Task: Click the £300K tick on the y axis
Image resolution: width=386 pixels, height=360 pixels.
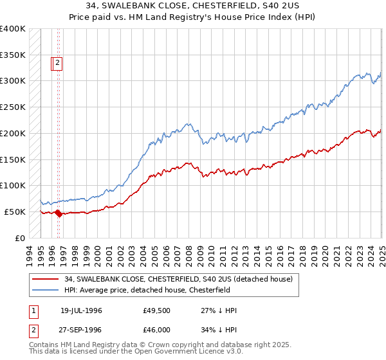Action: [x=13, y=80]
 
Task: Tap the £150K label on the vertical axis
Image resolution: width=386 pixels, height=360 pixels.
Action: [x=13, y=159]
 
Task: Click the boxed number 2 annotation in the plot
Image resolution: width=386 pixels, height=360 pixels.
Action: [x=57, y=63]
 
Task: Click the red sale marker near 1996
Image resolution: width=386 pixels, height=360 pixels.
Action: [x=59, y=214]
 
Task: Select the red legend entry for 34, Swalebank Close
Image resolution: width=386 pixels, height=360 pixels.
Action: [x=178, y=278]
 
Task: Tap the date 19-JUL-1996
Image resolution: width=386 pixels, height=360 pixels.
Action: [x=81, y=310]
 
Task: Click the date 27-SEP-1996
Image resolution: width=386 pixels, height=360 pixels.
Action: [x=81, y=329]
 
